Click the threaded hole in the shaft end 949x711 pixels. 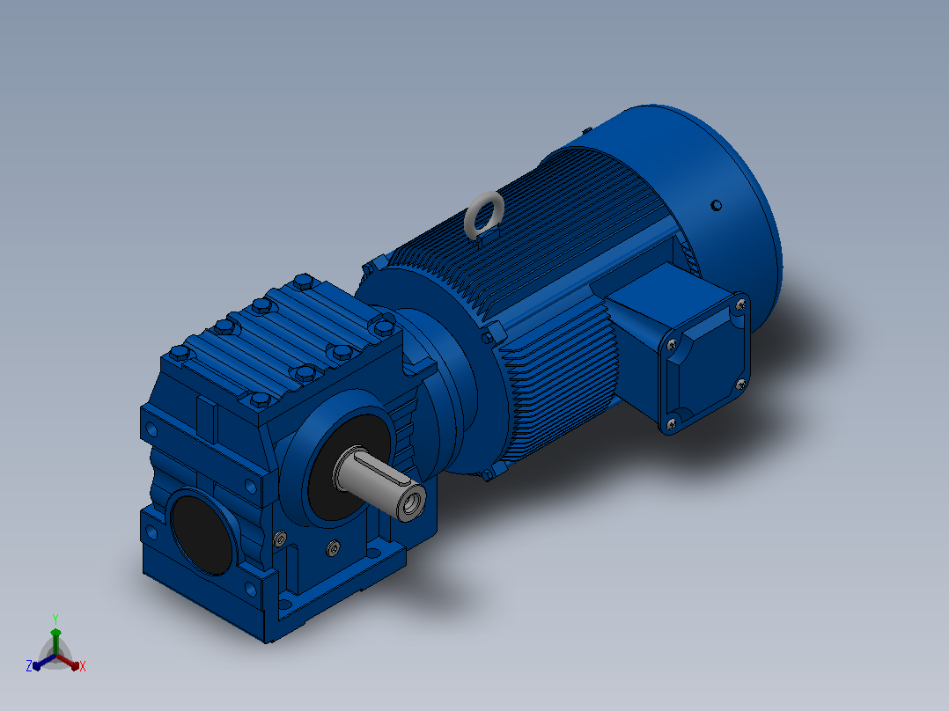point(414,502)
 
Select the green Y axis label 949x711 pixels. point(55,619)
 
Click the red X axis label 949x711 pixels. point(83,666)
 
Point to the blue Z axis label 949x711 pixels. point(29,665)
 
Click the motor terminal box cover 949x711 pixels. point(705,363)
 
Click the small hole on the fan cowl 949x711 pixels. point(716,206)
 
